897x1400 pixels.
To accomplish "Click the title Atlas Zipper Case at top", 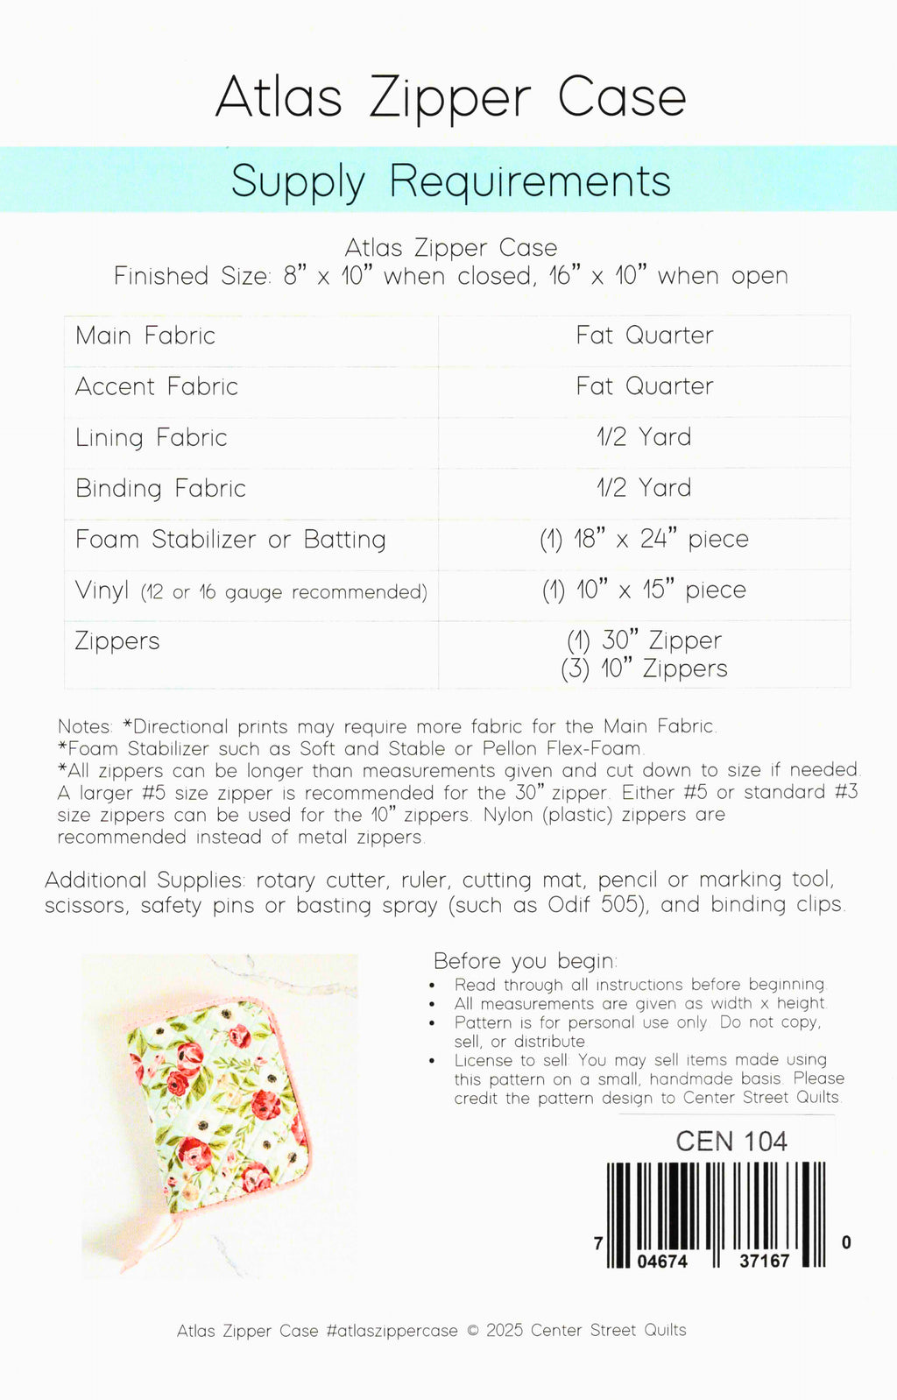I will coord(450,97).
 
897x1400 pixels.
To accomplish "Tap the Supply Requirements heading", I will coord(450,181).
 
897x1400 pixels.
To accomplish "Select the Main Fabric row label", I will coord(145,336).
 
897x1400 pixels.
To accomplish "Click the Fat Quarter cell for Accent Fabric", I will coord(644,386).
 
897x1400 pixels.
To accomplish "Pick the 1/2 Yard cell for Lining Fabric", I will coord(644,437).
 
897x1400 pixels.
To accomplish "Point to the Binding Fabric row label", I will coord(160,488).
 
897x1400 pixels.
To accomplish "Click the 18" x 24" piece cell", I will coord(644,539).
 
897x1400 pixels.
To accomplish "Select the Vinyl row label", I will coord(102,590).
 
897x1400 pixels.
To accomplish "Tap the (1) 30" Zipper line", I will coord(644,640).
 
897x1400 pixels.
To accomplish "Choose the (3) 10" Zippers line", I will coord(644,668).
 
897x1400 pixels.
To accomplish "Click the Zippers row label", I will coord(117,641).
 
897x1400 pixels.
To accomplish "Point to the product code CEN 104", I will coord(731,1142).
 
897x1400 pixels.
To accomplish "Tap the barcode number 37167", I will coord(764,1261).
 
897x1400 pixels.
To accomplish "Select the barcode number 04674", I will coord(662,1262).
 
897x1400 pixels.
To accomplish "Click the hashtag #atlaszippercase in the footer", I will coord(392,1331).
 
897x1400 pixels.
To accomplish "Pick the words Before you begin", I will coord(525,961).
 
